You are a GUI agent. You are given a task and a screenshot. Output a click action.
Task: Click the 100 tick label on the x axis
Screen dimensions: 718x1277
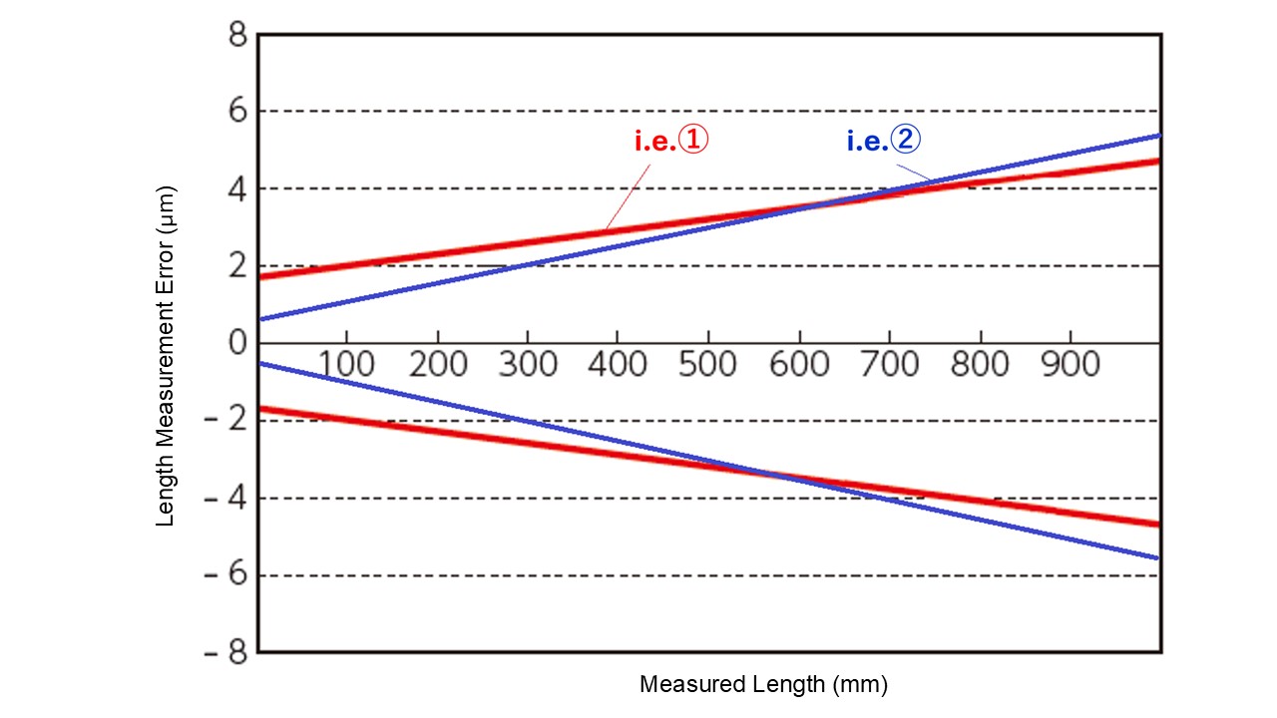346,364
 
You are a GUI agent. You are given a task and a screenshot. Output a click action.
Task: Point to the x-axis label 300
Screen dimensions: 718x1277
527,364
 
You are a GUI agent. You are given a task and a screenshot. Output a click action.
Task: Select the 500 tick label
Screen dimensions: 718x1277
707,364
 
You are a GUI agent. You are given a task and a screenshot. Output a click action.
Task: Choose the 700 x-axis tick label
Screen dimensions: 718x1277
889,364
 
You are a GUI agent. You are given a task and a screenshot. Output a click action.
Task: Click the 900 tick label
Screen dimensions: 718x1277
1070,364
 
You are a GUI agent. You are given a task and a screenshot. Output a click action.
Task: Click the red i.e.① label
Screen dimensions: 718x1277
670,142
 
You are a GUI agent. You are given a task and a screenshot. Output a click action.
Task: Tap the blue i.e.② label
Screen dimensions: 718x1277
884,141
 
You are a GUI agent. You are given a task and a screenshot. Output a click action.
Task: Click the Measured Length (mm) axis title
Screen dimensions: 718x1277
763,685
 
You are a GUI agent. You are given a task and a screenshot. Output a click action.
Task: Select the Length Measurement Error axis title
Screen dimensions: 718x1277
167,356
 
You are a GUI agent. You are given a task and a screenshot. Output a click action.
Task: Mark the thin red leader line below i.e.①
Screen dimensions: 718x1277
627,195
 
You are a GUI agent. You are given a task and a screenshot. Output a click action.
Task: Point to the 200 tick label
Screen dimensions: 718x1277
437,364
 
